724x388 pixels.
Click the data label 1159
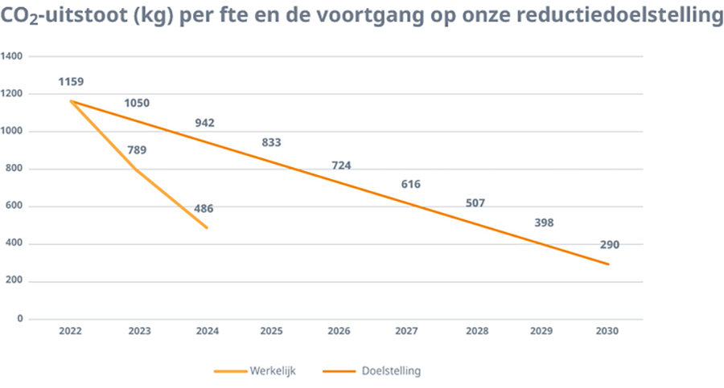(x=71, y=82)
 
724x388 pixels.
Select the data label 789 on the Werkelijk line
(x=137, y=150)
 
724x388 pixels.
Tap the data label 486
(x=204, y=209)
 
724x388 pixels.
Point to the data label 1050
(x=137, y=103)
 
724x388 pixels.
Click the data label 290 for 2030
(x=609, y=245)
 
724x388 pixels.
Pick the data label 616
(x=410, y=185)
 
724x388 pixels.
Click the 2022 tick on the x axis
(x=71, y=331)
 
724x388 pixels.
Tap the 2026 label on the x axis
(x=339, y=331)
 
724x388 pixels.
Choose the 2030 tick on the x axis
(x=608, y=331)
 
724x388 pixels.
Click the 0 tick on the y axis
(x=19, y=319)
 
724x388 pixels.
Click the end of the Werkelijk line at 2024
(x=207, y=228)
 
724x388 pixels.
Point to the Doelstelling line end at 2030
(x=608, y=264)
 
